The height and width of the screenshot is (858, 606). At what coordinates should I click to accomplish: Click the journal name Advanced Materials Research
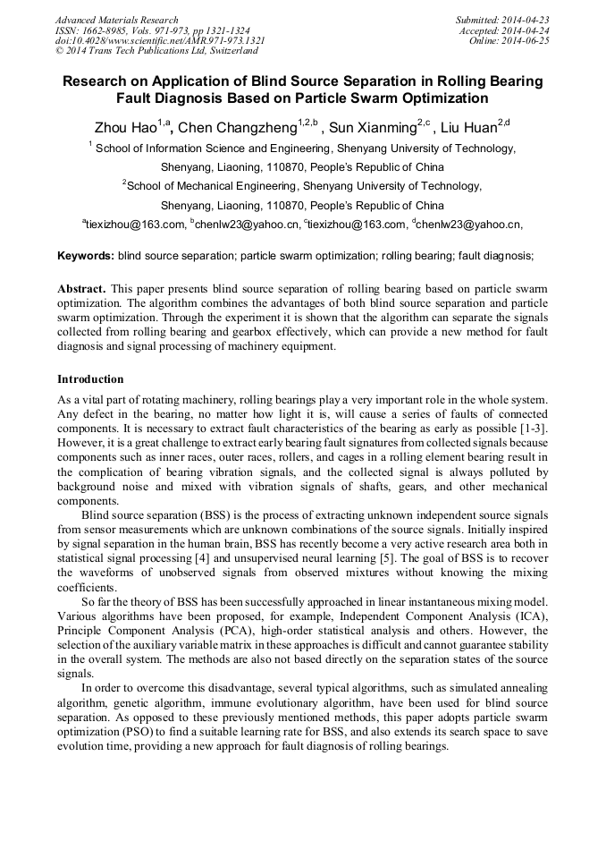coord(117,20)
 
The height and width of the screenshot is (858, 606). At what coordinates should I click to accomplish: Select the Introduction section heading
coord(90,379)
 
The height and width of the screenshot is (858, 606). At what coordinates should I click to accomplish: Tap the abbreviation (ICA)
coord(531,617)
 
